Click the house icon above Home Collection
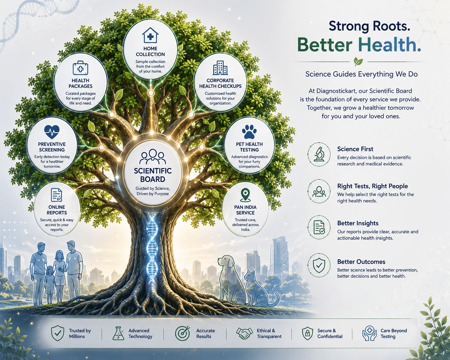point(150,35)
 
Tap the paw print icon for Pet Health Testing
point(249,132)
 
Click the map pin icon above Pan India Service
point(245,195)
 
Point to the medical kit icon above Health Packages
point(81,68)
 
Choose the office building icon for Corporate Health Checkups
point(220,68)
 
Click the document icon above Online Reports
point(56,195)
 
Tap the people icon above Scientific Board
point(153,156)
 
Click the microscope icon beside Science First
point(319,154)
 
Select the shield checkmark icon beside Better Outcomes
point(319,265)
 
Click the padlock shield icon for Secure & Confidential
point(307,333)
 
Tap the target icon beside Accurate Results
point(182,333)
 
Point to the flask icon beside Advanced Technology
point(118,333)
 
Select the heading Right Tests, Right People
point(372,186)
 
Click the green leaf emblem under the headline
point(358,62)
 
